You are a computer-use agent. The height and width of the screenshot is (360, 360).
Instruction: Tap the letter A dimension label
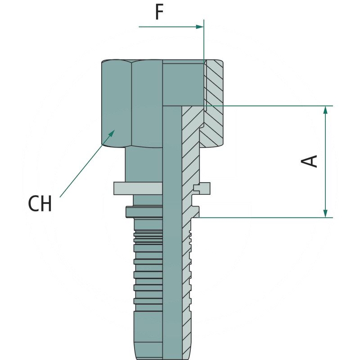(310, 161)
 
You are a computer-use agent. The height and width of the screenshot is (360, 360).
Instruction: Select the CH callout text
(40, 204)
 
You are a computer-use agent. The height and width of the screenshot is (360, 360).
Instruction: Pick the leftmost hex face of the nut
(116, 103)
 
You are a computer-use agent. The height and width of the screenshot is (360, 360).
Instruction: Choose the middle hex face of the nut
(147, 103)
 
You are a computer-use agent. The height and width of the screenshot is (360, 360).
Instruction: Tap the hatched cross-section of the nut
(214, 103)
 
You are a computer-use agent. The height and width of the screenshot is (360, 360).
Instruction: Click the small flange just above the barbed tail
(144, 211)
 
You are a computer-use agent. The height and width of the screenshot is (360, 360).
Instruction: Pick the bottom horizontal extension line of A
(270, 218)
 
